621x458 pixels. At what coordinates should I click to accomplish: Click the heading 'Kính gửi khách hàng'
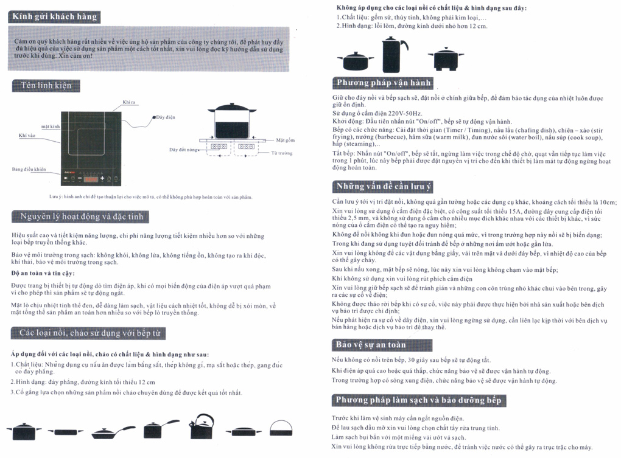pos(54,16)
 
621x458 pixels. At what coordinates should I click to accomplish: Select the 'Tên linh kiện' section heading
pos(46,85)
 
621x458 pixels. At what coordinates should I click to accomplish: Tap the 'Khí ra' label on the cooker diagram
pos(129,102)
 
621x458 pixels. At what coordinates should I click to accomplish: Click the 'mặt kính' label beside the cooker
pos(50,126)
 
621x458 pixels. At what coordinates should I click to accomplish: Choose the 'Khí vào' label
pos(27,135)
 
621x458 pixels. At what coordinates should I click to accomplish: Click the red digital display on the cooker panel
pos(91,179)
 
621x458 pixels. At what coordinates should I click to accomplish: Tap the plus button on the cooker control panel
pos(102,179)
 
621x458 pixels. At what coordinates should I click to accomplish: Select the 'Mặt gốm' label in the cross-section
pos(285,139)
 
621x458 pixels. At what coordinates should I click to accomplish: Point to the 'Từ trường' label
pos(281,153)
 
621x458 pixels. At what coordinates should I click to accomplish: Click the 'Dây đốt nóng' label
pos(183,149)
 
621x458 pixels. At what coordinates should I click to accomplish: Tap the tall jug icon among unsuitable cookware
pos(395,55)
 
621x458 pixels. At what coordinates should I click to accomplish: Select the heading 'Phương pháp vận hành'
pos(384,83)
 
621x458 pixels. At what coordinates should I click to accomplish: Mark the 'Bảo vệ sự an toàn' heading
pos(370,345)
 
